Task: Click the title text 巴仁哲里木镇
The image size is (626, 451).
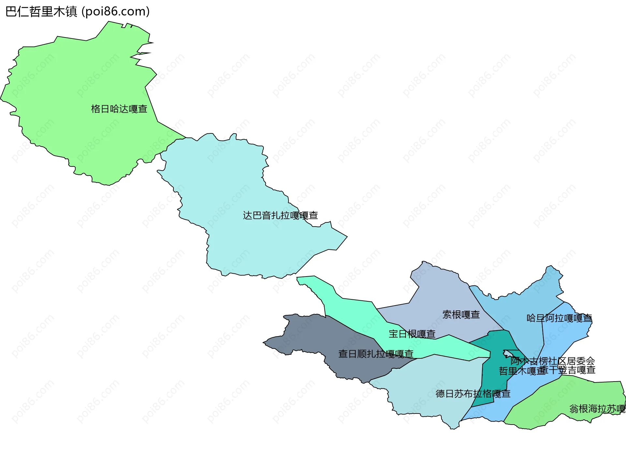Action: point(41,12)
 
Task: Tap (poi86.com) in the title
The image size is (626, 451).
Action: point(115,12)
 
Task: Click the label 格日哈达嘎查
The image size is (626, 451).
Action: point(119,109)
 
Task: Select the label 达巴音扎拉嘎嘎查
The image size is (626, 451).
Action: point(280,216)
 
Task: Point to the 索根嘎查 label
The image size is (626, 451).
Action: point(461,315)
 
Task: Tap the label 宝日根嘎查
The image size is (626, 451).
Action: point(412,334)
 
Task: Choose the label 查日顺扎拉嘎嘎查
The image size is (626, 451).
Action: point(376,354)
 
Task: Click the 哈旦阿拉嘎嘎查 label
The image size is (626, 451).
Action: point(559,318)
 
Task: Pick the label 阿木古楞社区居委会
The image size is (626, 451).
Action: point(553,361)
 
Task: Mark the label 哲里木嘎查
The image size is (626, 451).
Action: point(520,371)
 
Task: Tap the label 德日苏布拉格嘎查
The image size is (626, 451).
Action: point(473,394)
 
